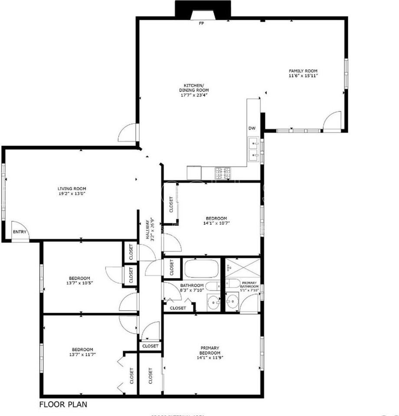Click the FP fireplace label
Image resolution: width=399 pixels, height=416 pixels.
[201, 23]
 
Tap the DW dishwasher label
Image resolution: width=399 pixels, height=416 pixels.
[252, 128]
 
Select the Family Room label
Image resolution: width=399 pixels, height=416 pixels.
[304, 71]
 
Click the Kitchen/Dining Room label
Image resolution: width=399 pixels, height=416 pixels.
[191, 87]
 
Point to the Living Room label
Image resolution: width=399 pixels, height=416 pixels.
[72, 188]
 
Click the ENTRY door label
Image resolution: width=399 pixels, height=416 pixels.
[20, 232]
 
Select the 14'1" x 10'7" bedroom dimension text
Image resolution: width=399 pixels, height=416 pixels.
[216, 224]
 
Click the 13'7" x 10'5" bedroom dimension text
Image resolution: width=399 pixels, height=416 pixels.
[79, 283]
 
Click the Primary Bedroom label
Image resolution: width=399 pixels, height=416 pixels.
[209, 350]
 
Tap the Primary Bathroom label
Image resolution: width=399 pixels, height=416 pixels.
[250, 284]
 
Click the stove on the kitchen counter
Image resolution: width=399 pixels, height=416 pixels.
[223, 172]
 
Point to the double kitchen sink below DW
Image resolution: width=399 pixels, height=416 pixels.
[254, 148]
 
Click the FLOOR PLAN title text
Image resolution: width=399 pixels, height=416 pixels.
[63, 405]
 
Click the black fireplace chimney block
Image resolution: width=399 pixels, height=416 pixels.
[202, 9]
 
